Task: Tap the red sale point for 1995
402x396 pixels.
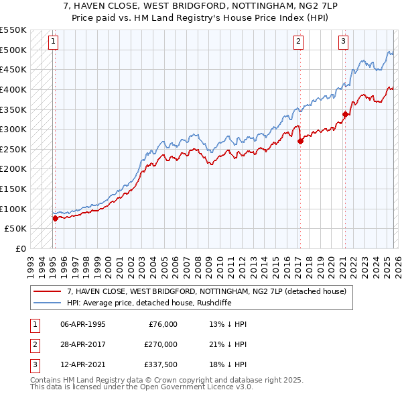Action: [55, 218]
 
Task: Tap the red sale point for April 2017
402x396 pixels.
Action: [300, 141]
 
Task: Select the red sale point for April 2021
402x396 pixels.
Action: [345, 114]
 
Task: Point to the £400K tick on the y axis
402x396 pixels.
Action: [14, 89]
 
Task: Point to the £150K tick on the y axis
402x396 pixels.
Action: [14, 189]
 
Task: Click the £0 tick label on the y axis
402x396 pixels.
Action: [20, 248]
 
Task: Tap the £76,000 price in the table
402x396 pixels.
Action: [161, 324]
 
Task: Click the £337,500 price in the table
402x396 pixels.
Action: [161, 364]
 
